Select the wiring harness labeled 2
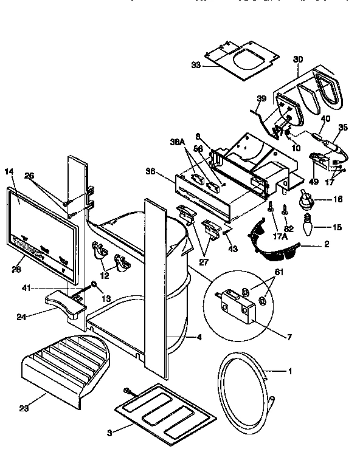(x=274, y=241)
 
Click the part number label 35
(x=343, y=128)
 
